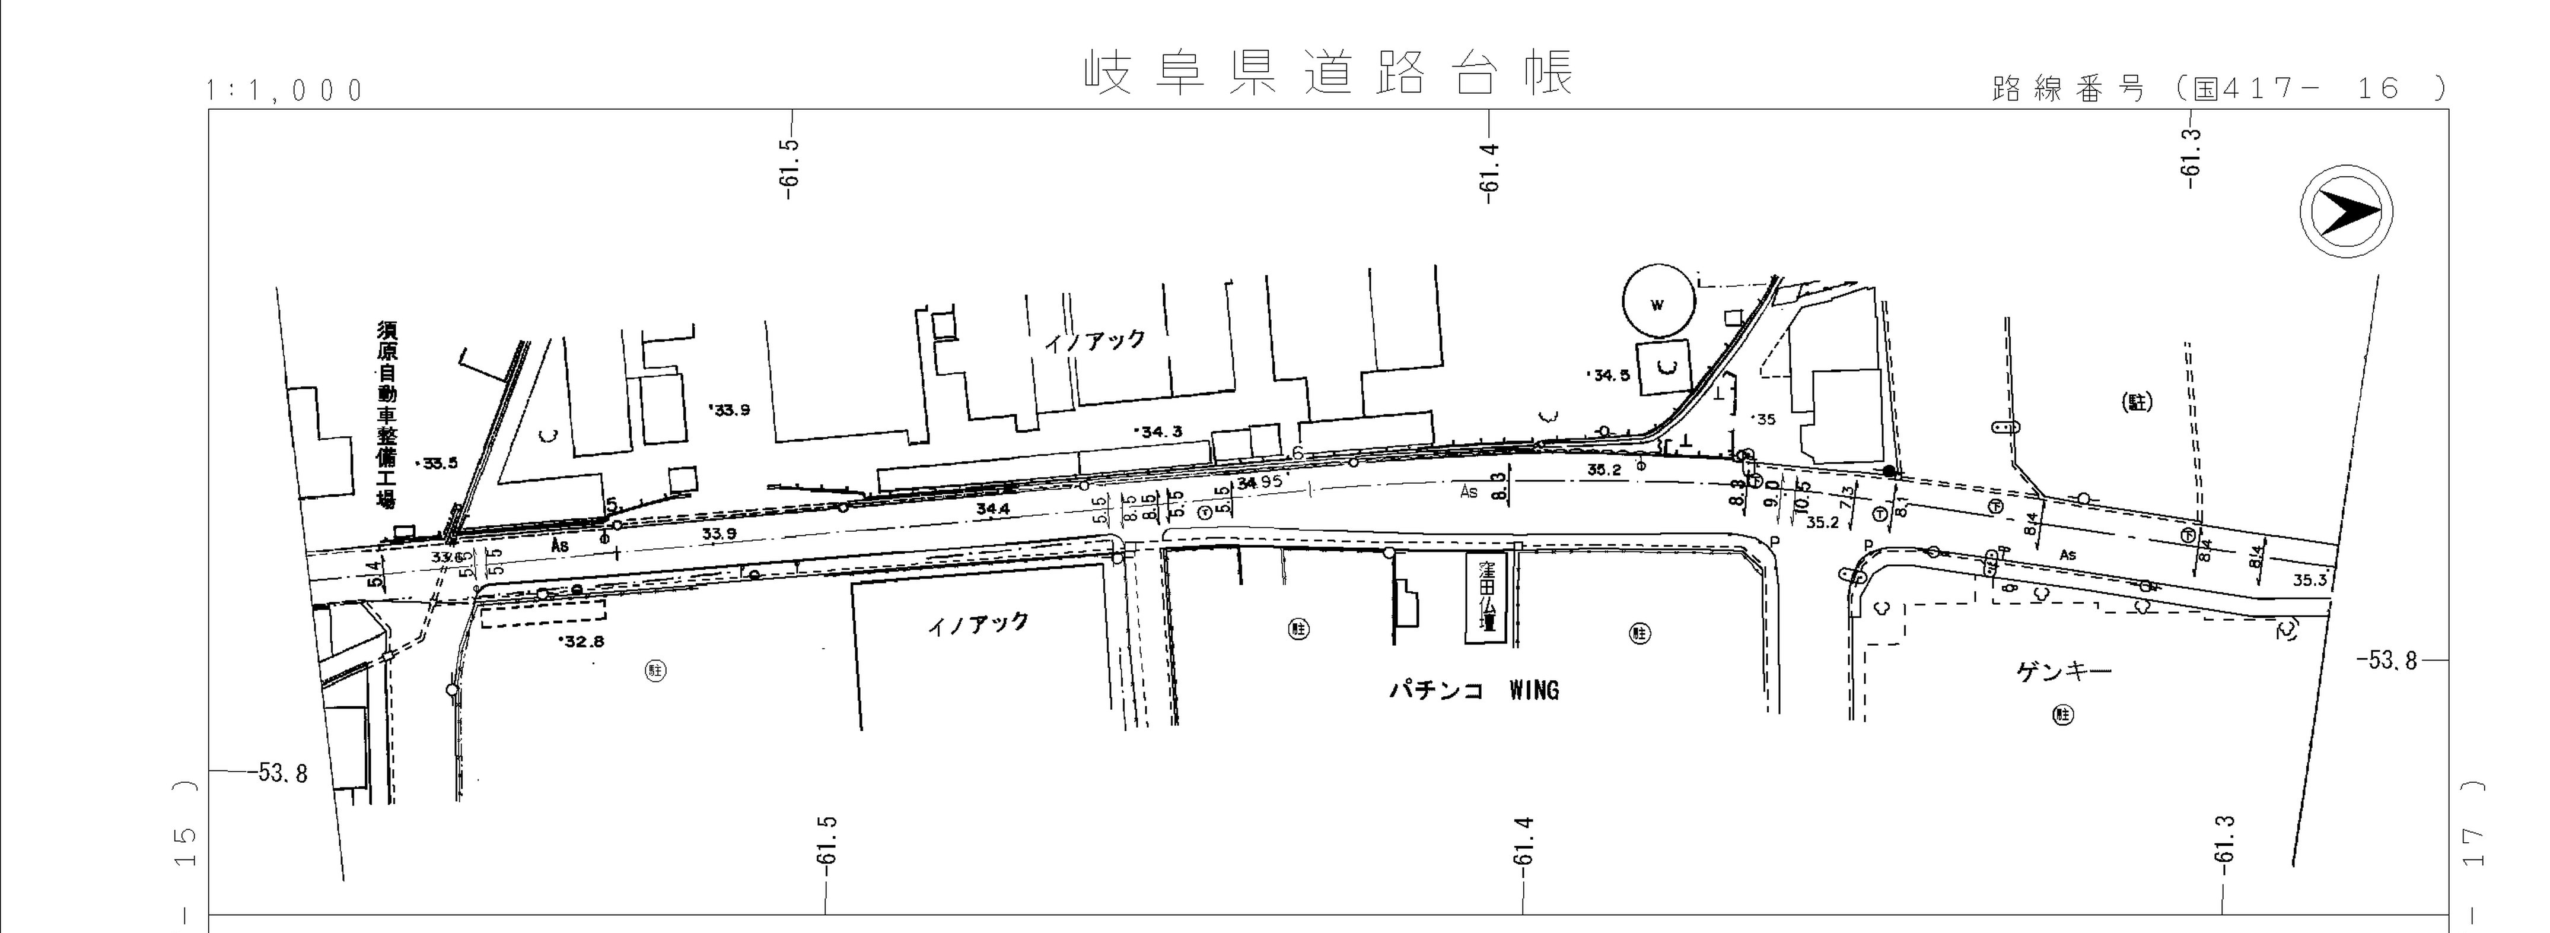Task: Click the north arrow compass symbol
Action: click(2345, 213)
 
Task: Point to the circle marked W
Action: click(1658, 304)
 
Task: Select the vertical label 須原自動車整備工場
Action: click(385, 414)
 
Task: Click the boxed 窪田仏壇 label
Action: click(1487, 597)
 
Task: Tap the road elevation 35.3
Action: click(2309, 580)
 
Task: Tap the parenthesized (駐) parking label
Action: click(2138, 402)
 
